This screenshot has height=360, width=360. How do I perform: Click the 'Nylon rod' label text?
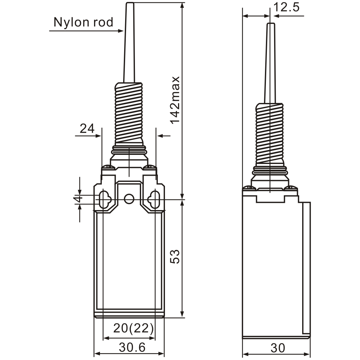(x=83, y=22)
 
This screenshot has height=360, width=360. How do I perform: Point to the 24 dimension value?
(x=87, y=129)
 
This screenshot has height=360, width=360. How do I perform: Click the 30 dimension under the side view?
(x=278, y=348)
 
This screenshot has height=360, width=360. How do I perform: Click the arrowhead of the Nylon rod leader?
(x=121, y=31)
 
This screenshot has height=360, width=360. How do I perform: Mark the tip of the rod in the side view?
(x=270, y=25)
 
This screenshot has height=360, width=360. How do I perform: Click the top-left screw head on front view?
(x=108, y=168)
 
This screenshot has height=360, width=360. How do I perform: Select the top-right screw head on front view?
(x=150, y=168)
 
